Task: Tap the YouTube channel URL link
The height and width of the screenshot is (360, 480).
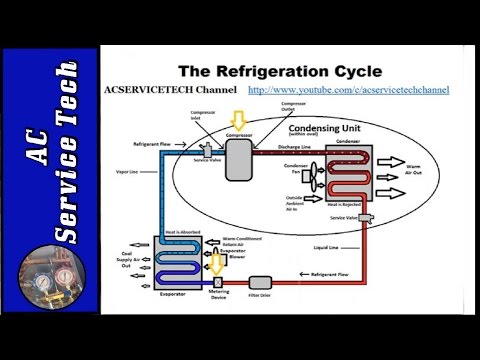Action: click(347, 89)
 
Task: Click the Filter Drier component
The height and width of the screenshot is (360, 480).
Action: click(262, 283)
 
